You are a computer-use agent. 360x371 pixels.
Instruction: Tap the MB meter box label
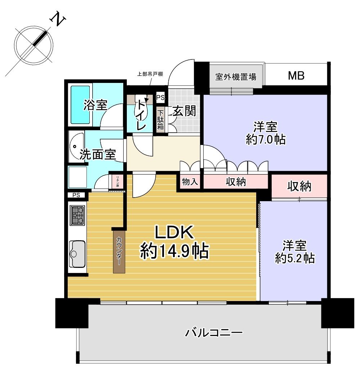pos(296,76)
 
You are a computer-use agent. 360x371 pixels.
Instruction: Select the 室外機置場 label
pos(236,76)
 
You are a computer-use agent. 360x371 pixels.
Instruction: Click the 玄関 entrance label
pos(185,111)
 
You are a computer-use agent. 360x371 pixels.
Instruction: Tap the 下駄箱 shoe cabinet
pos(160,120)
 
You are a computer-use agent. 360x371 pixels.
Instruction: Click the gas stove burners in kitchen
pos(77,215)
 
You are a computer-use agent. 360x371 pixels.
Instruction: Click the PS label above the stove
pos(76,195)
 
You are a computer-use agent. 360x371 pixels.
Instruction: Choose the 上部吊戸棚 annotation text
pos(150,75)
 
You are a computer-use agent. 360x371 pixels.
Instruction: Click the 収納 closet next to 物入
pos(236,182)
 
